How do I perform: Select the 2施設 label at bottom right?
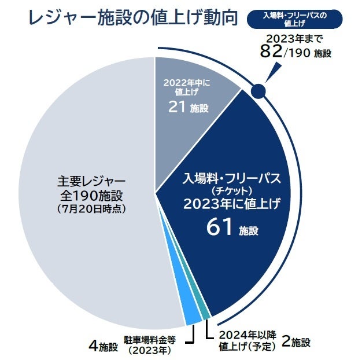295,341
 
